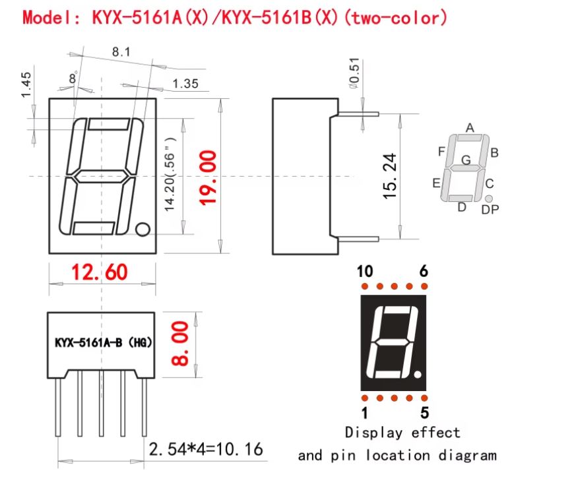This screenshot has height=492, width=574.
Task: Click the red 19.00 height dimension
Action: click(x=208, y=177)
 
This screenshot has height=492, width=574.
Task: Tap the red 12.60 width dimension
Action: click(x=99, y=272)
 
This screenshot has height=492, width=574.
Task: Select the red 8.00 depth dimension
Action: click(x=180, y=344)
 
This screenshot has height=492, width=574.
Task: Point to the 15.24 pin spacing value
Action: click(x=389, y=176)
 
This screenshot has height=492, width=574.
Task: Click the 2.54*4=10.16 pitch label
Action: click(x=206, y=449)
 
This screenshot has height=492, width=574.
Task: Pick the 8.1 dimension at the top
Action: click(x=121, y=52)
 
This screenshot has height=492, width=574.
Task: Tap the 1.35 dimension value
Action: click(x=185, y=84)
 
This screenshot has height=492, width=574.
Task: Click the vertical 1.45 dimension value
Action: click(x=26, y=85)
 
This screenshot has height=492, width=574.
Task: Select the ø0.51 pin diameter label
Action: click(x=354, y=73)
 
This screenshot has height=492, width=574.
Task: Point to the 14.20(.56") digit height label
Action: click(x=170, y=175)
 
